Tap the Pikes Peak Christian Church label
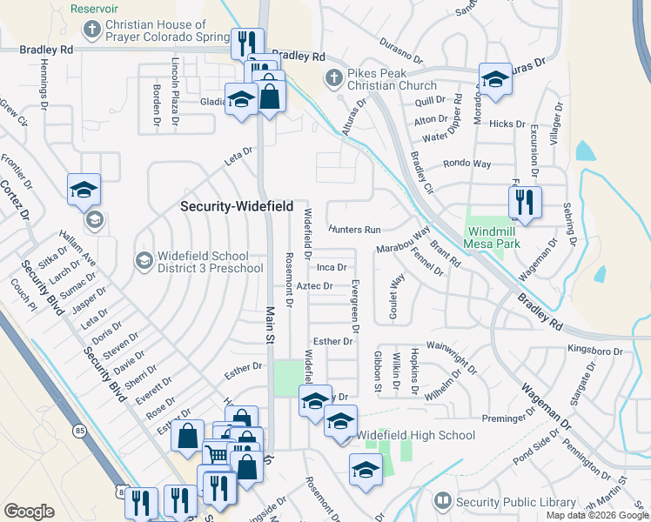pos(392,79)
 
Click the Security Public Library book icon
pos(442,501)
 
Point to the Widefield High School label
pos(416,435)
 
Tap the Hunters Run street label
pos(355,230)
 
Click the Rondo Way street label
pos(467,164)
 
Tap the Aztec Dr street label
pos(315,285)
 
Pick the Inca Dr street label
pos(332,267)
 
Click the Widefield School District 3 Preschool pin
pos(144,259)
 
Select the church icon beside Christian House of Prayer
pos(91,30)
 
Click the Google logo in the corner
pos(29,512)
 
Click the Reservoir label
pos(93,8)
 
